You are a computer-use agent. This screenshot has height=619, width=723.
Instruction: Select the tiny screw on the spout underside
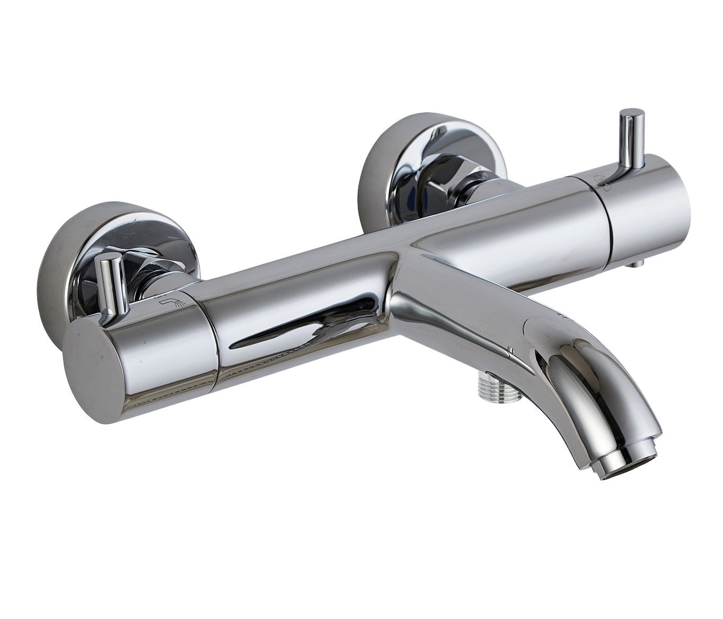(510, 349)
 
